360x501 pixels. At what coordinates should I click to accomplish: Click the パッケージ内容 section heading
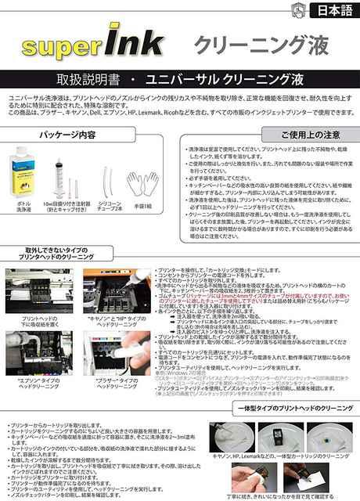click(87, 134)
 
